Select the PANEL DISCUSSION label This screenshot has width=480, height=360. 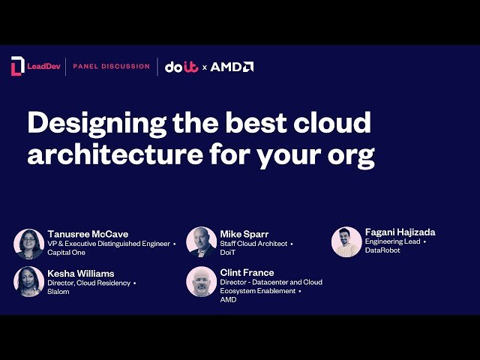[x=111, y=67]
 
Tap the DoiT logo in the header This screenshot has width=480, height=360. [x=181, y=67]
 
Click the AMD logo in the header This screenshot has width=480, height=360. [x=232, y=67]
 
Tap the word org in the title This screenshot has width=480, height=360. [x=350, y=156]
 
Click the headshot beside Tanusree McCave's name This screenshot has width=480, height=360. [x=28, y=244]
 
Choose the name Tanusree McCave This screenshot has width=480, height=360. [x=88, y=234]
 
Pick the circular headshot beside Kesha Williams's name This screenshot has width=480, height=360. [x=28, y=281]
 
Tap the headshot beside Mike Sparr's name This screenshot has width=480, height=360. [x=201, y=242]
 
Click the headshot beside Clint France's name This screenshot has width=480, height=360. [x=201, y=281]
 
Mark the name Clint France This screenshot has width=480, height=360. [x=247, y=272]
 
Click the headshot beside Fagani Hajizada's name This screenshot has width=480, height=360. [x=346, y=241]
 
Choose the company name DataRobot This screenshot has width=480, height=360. [x=382, y=250]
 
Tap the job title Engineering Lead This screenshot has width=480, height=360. [x=392, y=241]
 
